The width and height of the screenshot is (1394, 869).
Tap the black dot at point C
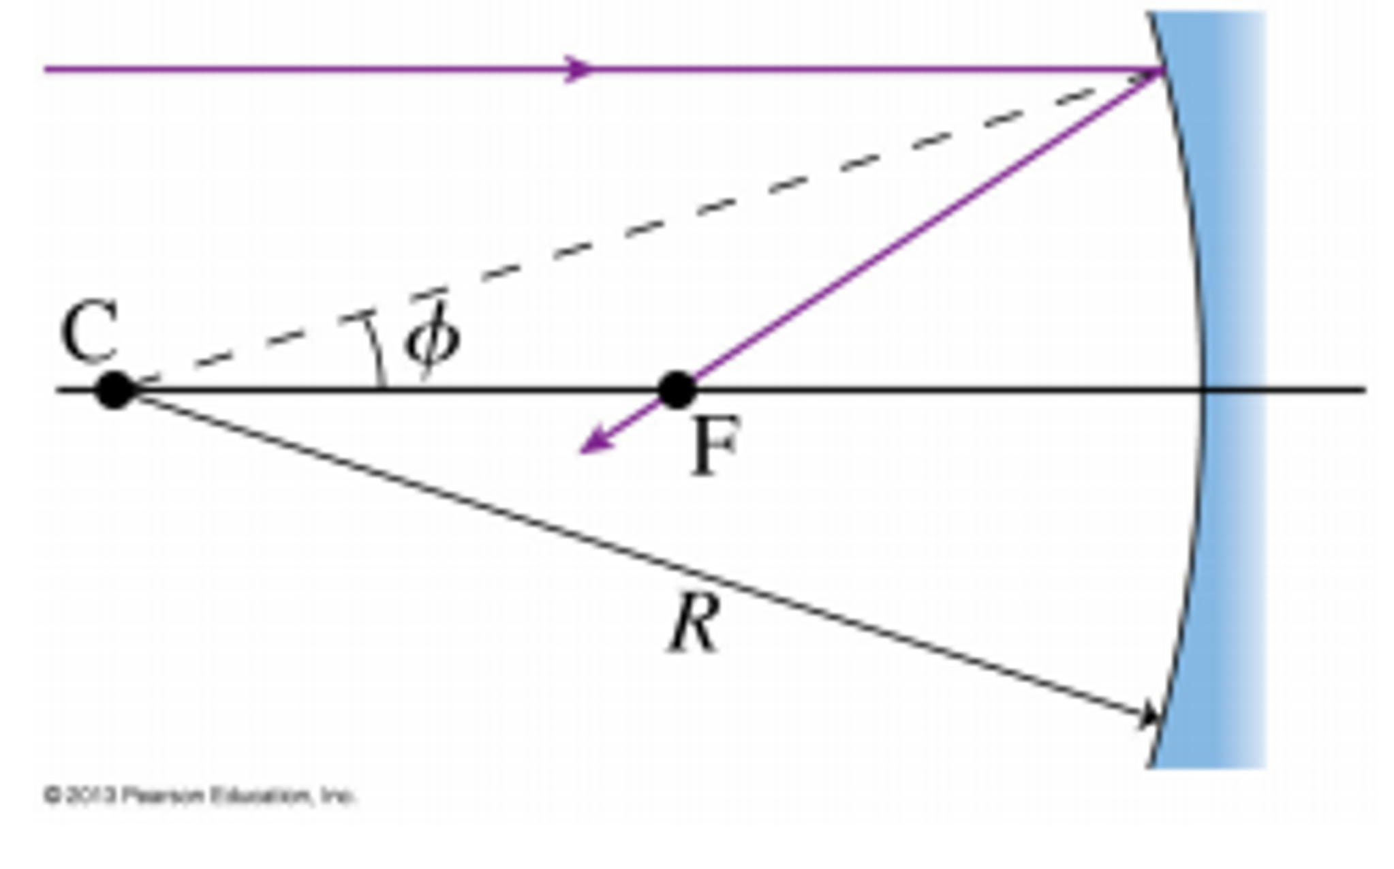pyautogui.click(x=115, y=391)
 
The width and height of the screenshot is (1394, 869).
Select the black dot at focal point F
pyautogui.click(x=677, y=391)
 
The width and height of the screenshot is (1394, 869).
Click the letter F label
pyautogui.click(x=714, y=447)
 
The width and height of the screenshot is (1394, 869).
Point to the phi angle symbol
pyautogui.click(x=432, y=339)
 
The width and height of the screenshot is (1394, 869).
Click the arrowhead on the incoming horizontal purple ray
pyautogui.click(x=579, y=69)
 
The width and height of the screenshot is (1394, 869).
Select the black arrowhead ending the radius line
pyautogui.click(x=1150, y=716)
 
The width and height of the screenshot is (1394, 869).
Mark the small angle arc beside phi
pyautogui.click(x=375, y=351)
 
